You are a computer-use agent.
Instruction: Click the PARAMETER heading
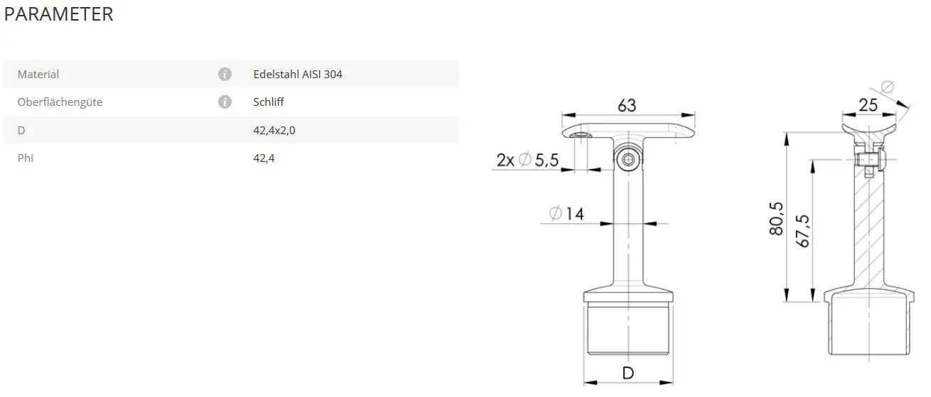pyautogui.click(x=58, y=14)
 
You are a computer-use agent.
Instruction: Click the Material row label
pyautogui.click(x=38, y=75)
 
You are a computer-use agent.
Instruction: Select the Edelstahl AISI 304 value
pyautogui.click(x=298, y=75)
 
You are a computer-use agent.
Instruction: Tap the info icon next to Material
pyautogui.click(x=225, y=75)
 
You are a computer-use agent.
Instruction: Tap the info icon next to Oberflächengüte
pyautogui.click(x=225, y=102)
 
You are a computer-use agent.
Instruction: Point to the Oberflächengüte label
pyautogui.click(x=60, y=102)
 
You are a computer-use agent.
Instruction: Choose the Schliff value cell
pyautogui.click(x=269, y=102)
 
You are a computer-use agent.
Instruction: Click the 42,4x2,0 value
pyautogui.click(x=274, y=131)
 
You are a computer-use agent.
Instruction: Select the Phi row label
pyautogui.click(x=26, y=158)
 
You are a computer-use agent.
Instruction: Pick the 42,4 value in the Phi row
pyautogui.click(x=264, y=158)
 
